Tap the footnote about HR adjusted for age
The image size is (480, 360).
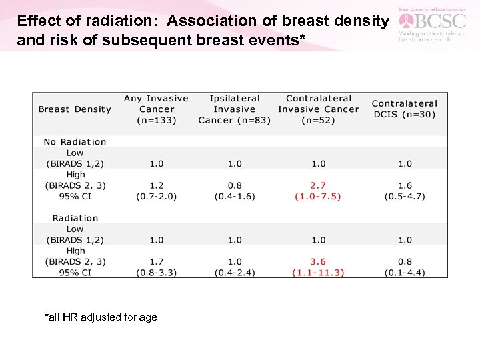click(101, 317)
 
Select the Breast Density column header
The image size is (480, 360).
click(75, 109)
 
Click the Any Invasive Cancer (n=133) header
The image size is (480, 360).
click(157, 109)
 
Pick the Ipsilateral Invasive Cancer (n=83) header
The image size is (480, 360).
click(234, 109)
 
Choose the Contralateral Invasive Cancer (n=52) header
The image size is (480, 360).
click(318, 109)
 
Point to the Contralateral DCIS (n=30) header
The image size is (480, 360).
click(405, 109)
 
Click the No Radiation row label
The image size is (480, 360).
click(75, 142)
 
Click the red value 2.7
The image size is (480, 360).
click(319, 186)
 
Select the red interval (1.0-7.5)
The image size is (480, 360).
click(319, 197)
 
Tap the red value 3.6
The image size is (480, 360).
click(319, 262)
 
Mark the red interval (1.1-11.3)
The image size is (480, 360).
click(319, 273)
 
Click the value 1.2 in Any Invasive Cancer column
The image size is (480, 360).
click(157, 186)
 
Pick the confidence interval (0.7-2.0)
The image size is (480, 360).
click(157, 197)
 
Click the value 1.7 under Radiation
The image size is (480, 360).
click(157, 262)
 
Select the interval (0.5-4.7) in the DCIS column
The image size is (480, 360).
click(405, 197)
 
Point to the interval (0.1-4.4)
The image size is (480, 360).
click(405, 273)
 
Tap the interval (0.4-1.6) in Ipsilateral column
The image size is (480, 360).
click(235, 197)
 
